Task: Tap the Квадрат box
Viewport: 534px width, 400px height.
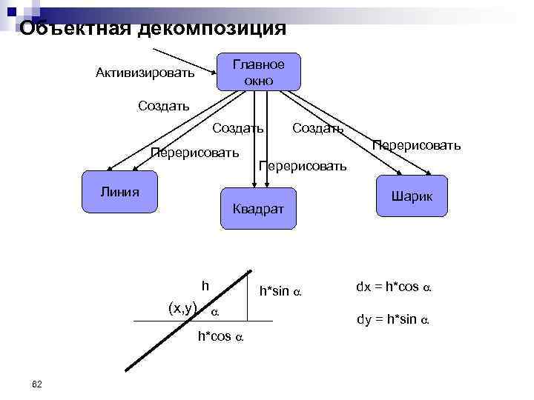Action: (258, 209)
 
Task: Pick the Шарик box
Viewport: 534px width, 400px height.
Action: (412, 196)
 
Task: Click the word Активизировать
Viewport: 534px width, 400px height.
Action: (145, 73)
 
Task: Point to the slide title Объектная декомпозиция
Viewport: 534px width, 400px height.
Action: (153, 28)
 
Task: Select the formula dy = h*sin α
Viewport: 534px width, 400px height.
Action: (394, 320)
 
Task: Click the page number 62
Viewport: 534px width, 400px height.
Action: (37, 383)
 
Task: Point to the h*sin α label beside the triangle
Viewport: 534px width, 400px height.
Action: (280, 292)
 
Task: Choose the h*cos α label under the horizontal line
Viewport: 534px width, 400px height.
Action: (220, 336)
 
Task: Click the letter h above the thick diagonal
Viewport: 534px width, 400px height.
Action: (205, 285)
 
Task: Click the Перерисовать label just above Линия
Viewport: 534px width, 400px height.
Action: (194, 153)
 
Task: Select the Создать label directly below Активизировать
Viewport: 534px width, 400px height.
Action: (163, 105)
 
